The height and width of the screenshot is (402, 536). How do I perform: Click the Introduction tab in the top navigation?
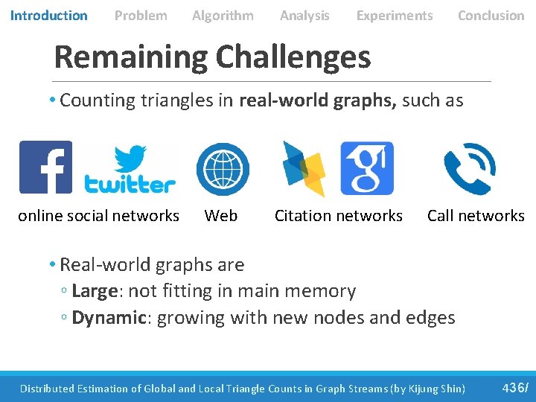[48, 15]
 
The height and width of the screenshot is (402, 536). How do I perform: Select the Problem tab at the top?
[141, 15]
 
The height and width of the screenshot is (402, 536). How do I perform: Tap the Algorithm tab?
[223, 15]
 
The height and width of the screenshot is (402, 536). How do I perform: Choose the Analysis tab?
[304, 15]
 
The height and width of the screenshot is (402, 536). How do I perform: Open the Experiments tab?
[395, 15]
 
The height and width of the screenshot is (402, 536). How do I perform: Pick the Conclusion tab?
[491, 15]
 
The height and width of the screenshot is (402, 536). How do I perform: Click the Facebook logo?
[46, 167]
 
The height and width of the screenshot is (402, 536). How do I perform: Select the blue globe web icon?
[223, 168]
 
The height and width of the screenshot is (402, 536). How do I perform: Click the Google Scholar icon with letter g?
[367, 168]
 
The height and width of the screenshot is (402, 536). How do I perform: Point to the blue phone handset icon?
[469, 169]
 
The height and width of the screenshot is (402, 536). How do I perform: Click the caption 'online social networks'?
[98, 216]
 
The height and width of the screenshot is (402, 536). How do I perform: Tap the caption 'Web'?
[221, 216]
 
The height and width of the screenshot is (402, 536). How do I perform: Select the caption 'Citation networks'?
[339, 216]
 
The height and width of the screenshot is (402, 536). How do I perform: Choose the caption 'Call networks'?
[476, 216]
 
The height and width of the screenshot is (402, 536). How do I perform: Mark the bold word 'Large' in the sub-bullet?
[95, 291]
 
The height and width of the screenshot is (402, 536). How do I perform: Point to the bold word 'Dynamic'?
[109, 318]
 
